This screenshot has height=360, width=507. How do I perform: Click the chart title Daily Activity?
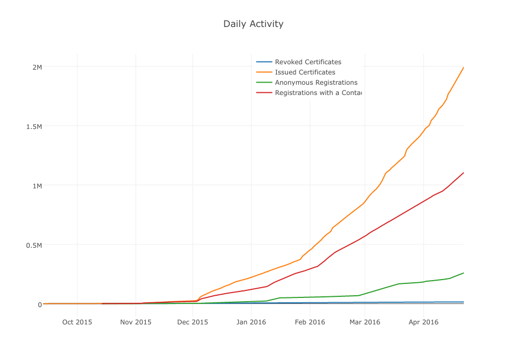[253, 24]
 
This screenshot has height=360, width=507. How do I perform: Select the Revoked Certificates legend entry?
[308, 62]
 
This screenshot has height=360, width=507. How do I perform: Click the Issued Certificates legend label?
[305, 72]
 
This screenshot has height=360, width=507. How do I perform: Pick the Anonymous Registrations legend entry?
[316, 83]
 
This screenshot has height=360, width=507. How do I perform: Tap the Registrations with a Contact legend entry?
[318, 93]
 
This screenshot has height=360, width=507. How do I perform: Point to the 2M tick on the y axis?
[37, 67]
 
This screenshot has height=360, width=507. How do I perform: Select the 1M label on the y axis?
[37, 186]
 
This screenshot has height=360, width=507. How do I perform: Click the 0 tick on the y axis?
[39, 304]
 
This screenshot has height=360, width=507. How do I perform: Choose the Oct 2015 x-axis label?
[77, 322]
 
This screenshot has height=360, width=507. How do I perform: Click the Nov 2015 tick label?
[136, 322]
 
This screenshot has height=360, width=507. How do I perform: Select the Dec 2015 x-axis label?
[193, 322]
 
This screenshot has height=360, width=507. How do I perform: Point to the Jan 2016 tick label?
[251, 322]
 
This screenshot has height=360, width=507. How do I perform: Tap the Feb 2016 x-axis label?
[310, 322]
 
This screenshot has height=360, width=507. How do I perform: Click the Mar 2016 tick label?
[365, 322]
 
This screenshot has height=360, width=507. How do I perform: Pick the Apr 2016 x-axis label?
[423, 322]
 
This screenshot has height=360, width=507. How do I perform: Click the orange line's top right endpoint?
[463, 67]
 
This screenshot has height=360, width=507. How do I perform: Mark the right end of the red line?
[463, 173]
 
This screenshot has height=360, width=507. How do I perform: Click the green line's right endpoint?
[463, 273]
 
